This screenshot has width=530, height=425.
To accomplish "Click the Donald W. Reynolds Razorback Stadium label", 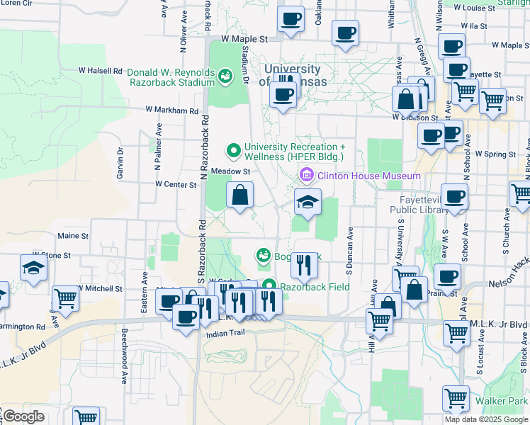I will [170, 76].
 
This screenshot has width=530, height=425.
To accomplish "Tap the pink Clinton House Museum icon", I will [306, 174].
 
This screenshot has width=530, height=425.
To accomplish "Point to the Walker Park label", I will [501, 402].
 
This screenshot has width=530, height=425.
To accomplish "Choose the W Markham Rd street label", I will [172, 110].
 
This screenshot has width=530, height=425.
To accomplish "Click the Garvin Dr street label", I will [120, 163].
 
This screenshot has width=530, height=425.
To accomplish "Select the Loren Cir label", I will [16, 3].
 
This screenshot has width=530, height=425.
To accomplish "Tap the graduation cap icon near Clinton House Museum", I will [308, 203].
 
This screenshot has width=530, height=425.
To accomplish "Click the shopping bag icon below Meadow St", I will [240, 195].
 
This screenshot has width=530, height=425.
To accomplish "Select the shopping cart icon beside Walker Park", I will [456, 399].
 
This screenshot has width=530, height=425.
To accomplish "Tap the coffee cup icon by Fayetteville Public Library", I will [454, 197].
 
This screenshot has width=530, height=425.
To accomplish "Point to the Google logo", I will [23, 416].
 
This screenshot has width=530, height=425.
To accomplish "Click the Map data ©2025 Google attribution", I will [486, 419].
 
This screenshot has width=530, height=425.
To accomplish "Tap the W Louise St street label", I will [485, 8].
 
